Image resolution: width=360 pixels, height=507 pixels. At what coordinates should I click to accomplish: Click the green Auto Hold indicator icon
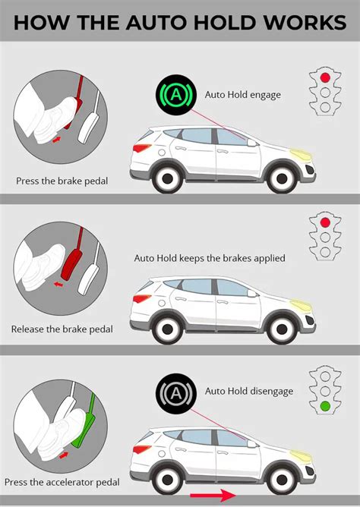[x=176, y=95]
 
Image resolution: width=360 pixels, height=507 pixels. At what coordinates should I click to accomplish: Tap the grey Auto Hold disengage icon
[x=176, y=393]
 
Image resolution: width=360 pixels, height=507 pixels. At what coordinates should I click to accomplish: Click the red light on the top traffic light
[x=325, y=77]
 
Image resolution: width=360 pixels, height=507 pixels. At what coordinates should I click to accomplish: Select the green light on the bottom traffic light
[x=325, y=406]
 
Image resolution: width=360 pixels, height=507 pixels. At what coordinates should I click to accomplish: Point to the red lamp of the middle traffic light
[x=325, y=222]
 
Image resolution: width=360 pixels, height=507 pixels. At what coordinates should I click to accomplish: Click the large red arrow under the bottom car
[x=213, y=496]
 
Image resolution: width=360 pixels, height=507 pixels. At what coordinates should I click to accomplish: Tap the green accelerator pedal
[x=85, y=420]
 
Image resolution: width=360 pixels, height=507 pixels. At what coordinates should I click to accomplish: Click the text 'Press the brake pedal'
[x=62, y=181]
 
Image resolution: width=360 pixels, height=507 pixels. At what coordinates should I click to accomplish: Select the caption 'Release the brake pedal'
[x=62, y=329]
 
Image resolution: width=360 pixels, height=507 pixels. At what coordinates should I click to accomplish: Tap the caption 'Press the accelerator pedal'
[x=62, y=483]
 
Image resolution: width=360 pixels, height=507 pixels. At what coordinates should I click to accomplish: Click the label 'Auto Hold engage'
[x=243, y=95]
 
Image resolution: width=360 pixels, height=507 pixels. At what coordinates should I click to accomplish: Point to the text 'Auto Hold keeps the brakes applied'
[x=210, y=258]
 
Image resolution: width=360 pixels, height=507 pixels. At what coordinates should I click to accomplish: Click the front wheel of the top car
[x=282, y=178]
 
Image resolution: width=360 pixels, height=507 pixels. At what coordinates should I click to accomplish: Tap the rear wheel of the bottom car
[x=167, y=480]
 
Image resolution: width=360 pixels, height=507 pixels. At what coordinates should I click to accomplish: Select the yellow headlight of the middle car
[x=301, y=304]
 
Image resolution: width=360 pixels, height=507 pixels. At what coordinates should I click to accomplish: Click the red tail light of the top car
[x=141, y=148]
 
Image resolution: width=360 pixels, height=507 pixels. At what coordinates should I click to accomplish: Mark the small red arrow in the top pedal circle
[x=57, y=140]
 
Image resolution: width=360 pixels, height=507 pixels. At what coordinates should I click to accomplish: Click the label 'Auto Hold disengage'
[x=249, y=391]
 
